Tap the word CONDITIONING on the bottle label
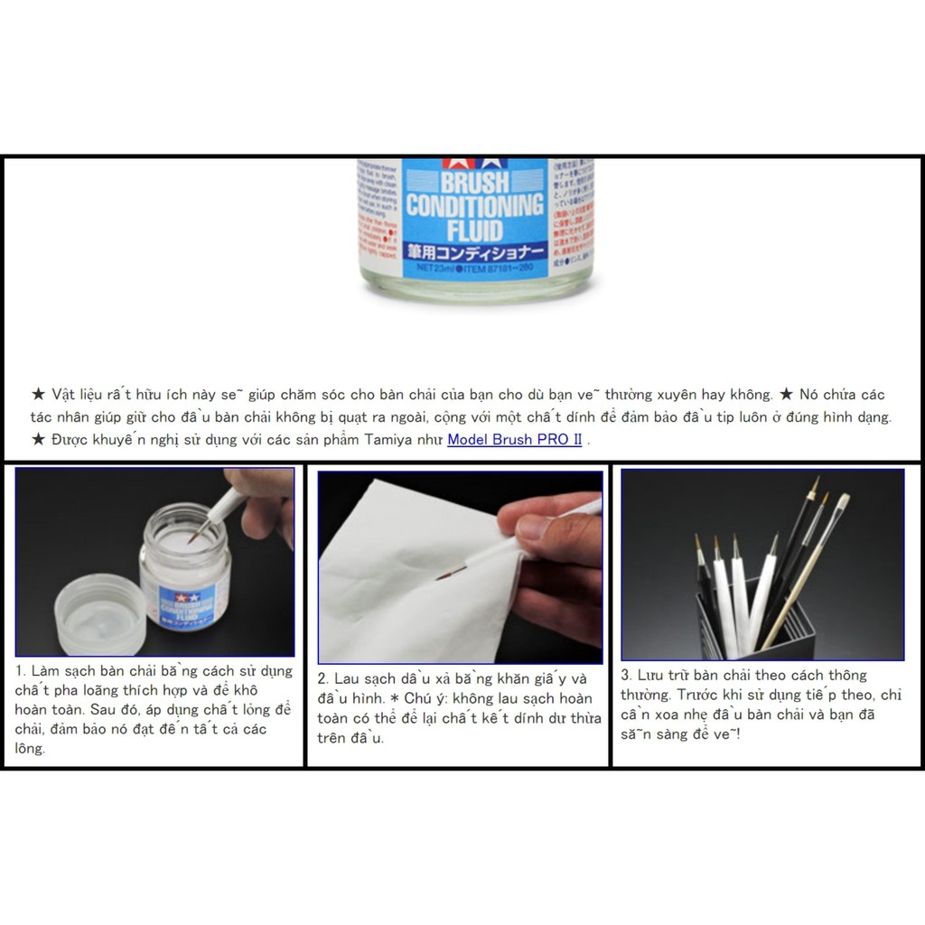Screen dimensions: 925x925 click(x=474, y=205)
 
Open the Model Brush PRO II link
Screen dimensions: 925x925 click(x=515, y=440)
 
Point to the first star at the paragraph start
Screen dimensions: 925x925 click(x=37, y=395)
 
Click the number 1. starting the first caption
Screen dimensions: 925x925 click(x=21, y=671)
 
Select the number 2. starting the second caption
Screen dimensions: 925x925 click(x=323, y=678)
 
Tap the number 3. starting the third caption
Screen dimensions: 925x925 click(x=626, y=675)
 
